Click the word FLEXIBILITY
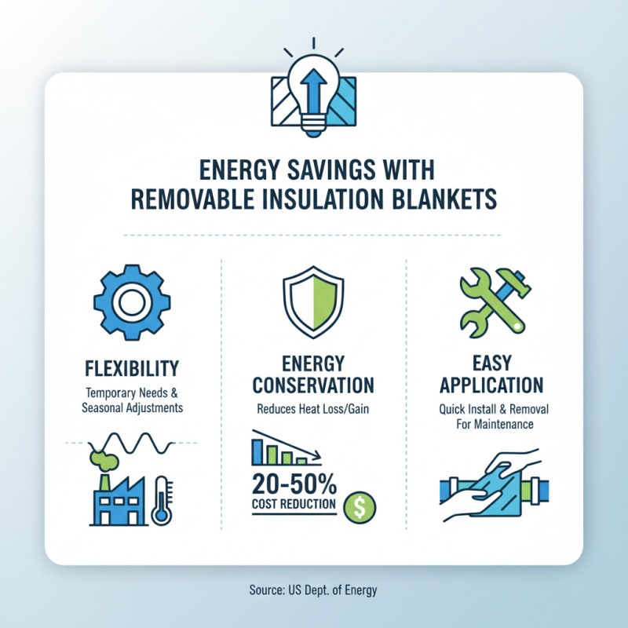click(130, 367)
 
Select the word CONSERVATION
click(313, 386)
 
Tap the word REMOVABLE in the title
click(194, 199)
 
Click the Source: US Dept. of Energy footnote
click(314, 589)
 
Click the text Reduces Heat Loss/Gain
click(313, 409)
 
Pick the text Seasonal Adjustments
click(130, 409)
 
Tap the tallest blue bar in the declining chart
click(256, 451)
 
